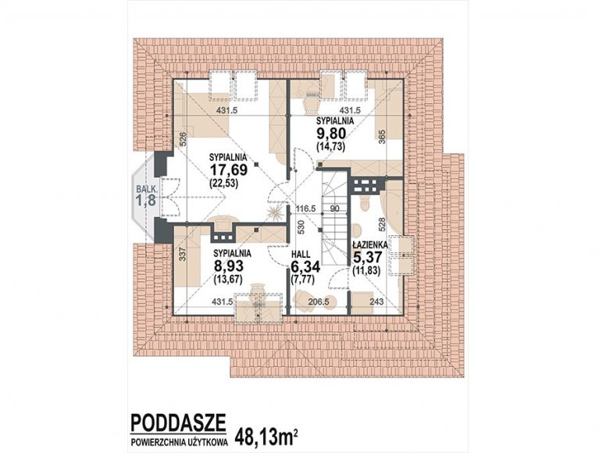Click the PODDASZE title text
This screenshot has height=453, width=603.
(178, 423)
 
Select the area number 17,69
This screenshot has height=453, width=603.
(228, 169)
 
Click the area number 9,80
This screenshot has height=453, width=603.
(330, 133)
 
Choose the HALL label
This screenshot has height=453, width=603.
(301, 255)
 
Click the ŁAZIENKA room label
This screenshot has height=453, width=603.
(370, 244)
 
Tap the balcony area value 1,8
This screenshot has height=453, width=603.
(146, 200)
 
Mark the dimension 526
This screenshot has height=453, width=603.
(183, 139)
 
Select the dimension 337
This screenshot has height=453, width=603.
(183, 254)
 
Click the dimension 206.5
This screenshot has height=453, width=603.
(319, 302)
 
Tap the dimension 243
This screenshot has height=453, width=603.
(376, 302)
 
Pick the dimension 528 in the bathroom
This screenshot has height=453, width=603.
(382, 224)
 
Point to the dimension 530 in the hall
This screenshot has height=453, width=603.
(301, 226)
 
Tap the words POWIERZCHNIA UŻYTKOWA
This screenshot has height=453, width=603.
(179, 442)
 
